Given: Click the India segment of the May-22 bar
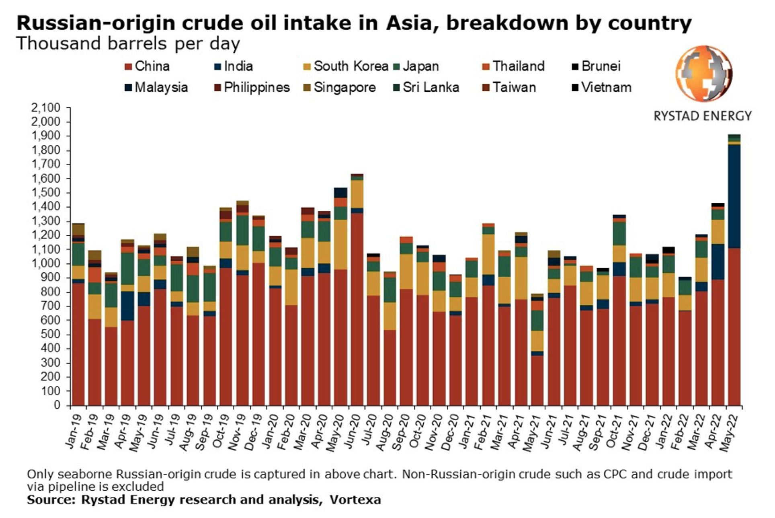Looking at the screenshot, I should point(734,196).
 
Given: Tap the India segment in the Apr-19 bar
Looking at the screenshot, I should point(127,306).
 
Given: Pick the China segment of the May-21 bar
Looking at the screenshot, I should point(537,380).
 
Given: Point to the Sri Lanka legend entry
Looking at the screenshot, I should point(431,87).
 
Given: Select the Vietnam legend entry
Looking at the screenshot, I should point(606,87).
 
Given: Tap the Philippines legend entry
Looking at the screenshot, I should point(256,87).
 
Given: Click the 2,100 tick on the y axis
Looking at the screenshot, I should point(45,108).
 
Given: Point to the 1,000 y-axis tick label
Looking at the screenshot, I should point(45,264).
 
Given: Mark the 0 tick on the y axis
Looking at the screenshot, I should point(56,405).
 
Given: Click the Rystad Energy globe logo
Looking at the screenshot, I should point(703,74).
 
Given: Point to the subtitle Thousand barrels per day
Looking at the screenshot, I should point(128,43).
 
